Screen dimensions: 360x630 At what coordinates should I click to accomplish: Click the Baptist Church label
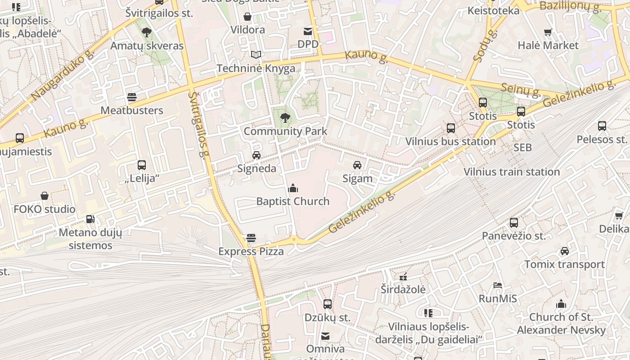(293, 201)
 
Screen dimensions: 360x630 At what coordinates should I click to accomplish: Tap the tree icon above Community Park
(285, 118)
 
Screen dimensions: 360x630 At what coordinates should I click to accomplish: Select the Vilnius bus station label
(450, 141)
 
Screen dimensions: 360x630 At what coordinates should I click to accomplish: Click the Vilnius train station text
(512, 171)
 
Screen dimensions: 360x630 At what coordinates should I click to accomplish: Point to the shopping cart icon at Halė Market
(548, 32)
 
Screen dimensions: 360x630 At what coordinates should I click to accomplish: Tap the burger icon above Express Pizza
(251, 238)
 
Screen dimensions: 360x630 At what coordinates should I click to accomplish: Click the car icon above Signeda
(256, 155)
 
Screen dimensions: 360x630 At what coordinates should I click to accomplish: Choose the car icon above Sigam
(357, 165)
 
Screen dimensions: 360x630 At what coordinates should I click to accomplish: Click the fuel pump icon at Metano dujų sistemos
(90, 219)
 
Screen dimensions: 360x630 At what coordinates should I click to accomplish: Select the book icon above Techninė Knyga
(256, 55)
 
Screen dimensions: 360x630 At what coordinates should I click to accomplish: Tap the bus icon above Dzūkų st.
(328, 304)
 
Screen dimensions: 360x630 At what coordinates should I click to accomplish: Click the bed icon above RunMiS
(498, 285)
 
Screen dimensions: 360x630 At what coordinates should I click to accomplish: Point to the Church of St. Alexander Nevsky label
(561, 324)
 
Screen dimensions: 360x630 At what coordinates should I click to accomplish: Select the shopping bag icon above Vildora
(247, 17)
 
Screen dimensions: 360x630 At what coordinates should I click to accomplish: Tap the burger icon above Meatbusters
(132, 97)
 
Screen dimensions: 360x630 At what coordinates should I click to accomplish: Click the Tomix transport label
(564, 264)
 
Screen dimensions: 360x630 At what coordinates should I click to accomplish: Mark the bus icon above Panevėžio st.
(514, 223)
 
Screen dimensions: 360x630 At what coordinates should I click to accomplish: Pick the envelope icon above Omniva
(325, 336)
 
